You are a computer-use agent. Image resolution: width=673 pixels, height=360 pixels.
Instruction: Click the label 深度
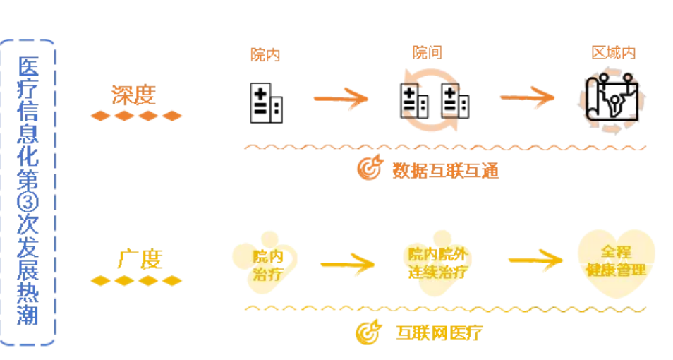tap(133, 95)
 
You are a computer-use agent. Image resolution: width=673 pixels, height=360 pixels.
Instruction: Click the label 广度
tap(138, 259)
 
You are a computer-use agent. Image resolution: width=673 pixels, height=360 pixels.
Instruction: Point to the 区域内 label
tap(613, 53)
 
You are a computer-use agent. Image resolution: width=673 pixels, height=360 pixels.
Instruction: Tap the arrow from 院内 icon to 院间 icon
tap(341, 98)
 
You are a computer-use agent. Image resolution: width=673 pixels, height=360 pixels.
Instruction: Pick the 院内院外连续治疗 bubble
tap(437, 263)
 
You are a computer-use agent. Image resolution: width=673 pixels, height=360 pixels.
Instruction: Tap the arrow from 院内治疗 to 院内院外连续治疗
tap(346, 265)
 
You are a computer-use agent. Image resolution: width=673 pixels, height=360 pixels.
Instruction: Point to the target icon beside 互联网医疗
tap(368, 331)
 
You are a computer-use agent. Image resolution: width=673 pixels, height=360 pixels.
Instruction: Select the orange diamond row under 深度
tap(136, 116)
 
